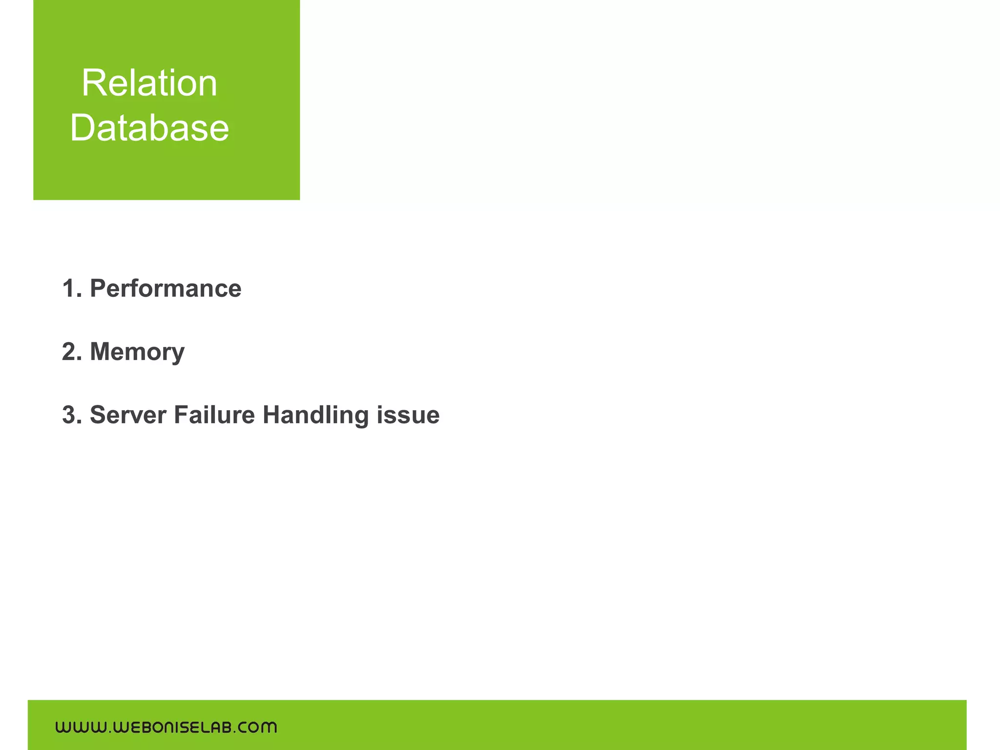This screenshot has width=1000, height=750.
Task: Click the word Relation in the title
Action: point(149,83)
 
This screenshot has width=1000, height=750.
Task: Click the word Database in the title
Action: point(149,127)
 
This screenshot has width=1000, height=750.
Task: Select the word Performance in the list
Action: point(166,289)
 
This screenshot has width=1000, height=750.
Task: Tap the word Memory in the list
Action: point(137,352)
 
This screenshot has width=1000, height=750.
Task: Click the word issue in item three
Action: point(408,415)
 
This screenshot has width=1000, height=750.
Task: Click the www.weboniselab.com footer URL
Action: point(166,728)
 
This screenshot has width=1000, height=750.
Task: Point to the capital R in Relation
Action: point(93,83)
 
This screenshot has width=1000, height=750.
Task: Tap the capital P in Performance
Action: point(98,289)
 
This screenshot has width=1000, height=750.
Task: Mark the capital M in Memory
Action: point(102,352)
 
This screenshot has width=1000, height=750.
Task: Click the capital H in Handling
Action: point(272,415)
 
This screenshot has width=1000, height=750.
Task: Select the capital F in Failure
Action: point(181,415)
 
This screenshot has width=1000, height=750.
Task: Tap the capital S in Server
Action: point(99,415)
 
